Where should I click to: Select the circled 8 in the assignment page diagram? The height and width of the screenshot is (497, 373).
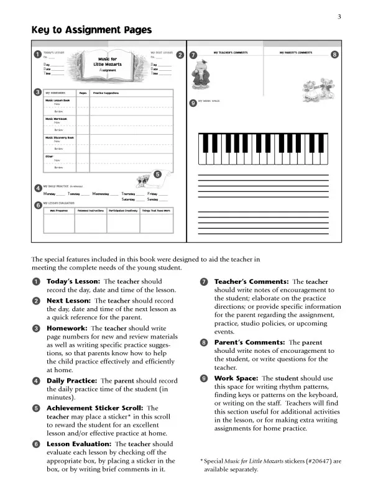pyautogui.click(x=335, y=55)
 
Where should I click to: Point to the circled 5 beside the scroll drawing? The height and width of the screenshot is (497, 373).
pyautogui.click(x=157, y=174)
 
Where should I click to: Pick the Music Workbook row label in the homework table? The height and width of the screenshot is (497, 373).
pyautogui.click(x=56, y=119)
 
